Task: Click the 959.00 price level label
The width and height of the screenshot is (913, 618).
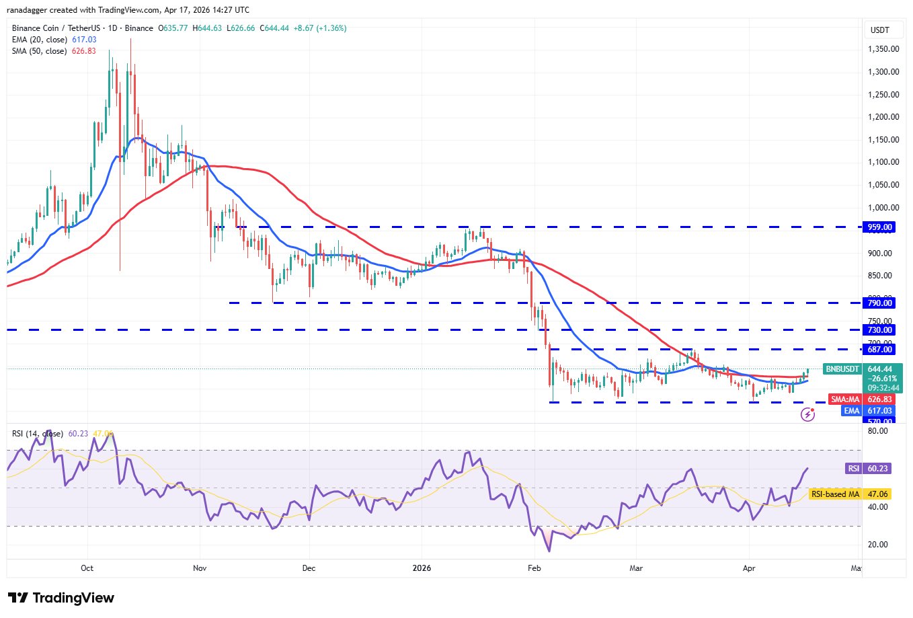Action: pyautogui.click(x=879, y=227)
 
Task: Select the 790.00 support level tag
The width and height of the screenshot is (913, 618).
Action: pyautogui.click(x=879, y=303)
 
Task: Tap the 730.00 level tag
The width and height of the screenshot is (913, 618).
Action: pyautogui.click(x=879, y=330)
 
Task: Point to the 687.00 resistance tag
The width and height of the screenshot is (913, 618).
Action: pyautogui.click(x=879, y=350)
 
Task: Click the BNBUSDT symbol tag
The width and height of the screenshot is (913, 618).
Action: pyautogui.click(x=842, y=369)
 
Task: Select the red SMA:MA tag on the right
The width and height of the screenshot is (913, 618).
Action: pyautogui.click(x=845, y=399)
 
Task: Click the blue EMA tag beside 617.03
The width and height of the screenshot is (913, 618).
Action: pyautogui.click(x=852, y=411)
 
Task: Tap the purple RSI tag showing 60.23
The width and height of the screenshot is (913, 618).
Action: pyautogui.click(x=853, y=469)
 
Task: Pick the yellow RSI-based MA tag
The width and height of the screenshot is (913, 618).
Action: pyautogui.click(x=835, y=494)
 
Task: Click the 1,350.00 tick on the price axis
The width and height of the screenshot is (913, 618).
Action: pyautogui.click(x=883, y=49)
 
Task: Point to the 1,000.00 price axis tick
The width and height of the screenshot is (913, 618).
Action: pyautogui.click(x=883, y=208)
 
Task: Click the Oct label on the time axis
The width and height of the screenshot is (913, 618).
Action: pyautogui.click(x=87, y=568)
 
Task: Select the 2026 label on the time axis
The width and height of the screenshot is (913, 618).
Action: pyautogui.click(x=422, y=568)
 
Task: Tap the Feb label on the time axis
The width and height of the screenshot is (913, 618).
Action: pyautogui.click(x=534, y=568)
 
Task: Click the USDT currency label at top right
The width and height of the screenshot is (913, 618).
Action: pyautogui.click(x=879, y=30)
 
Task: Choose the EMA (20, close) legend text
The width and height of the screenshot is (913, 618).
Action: pyautogui.click(x=39, y=40)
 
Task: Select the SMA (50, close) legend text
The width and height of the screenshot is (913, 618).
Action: pyautogui.click(x=39, y=51)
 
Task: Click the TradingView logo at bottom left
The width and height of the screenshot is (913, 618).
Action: pyautogui.click(x=61, y=598)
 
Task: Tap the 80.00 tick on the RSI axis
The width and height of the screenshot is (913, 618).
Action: pyautogui.click(x=878, y=431)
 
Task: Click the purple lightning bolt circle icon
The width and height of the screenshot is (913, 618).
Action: pyautogui.click(x=808, y=414)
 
